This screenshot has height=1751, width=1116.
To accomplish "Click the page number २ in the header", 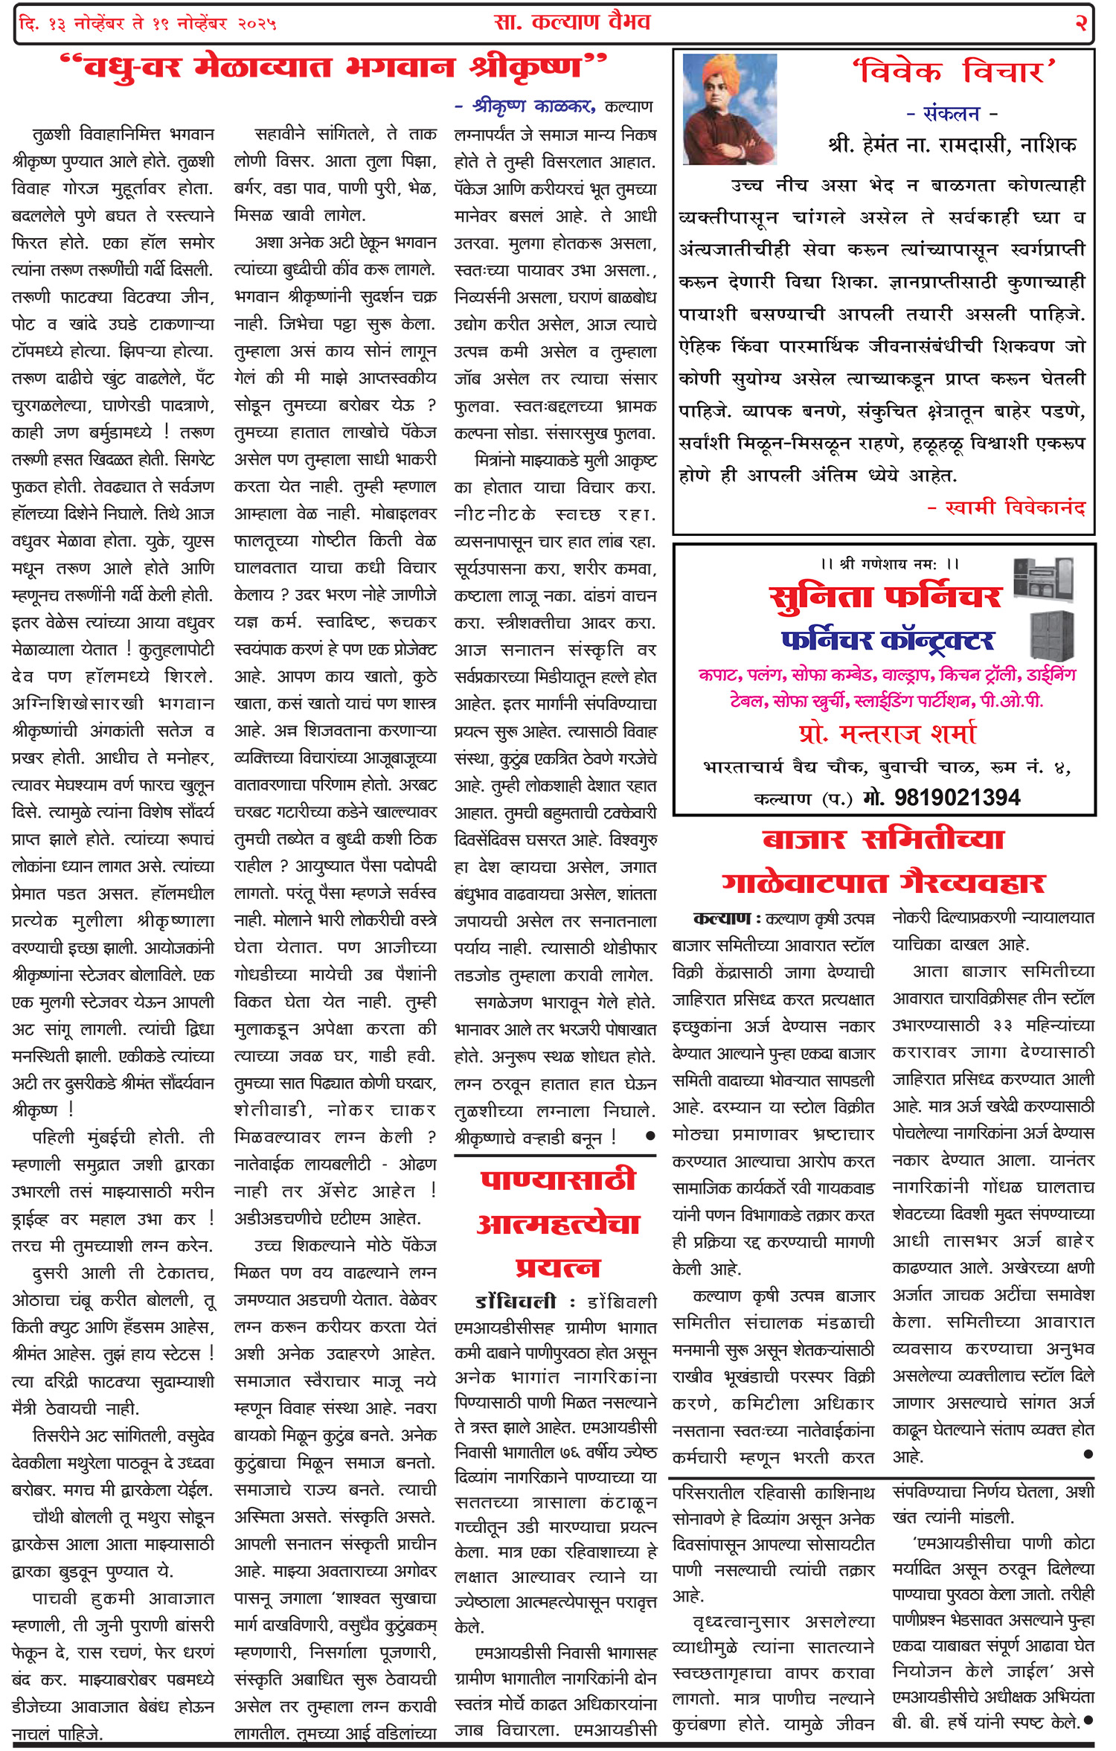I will pos(1081,23).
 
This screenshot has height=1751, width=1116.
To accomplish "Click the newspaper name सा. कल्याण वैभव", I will pos(572,22).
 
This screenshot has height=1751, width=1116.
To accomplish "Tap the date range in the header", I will pos(148,24).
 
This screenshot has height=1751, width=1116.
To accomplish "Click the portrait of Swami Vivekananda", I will pos(729,109).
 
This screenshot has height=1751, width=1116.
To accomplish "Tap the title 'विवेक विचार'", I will pos(954,72).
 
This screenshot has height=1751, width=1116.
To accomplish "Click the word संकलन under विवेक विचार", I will pos(952,114).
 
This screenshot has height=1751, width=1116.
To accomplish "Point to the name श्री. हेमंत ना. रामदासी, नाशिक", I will pos(952,144).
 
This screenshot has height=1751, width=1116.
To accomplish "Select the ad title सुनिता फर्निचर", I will pos(885,596).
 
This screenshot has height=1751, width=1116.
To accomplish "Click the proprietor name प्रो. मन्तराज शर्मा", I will pos(887,734).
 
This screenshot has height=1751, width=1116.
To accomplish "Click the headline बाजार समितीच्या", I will pos(883,840).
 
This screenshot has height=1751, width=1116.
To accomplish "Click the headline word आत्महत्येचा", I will pos(558,1224).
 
